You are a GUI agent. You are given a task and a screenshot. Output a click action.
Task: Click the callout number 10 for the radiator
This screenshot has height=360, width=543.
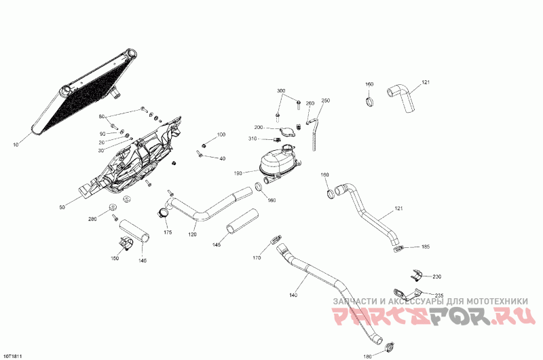15,145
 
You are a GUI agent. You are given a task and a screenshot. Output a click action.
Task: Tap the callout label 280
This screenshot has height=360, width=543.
93,219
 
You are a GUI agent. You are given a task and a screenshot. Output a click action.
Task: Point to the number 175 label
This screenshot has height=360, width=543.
168,233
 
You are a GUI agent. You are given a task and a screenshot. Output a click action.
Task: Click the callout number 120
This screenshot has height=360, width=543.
193,234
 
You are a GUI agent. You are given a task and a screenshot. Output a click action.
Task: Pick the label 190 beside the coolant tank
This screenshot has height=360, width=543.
238,174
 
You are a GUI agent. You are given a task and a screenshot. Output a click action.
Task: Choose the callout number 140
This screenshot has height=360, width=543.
293,295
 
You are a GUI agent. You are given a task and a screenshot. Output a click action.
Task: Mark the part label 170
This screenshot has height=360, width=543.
257,258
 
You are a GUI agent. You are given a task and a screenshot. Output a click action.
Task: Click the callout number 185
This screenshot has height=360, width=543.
426,247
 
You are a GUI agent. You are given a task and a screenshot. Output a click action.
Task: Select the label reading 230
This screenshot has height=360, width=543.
436,276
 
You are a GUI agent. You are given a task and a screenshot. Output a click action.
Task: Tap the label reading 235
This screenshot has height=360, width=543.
439,295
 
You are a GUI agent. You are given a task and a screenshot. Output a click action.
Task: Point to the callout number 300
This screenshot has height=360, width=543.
281,90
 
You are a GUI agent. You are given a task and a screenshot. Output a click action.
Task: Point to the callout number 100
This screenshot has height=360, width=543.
221,134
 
